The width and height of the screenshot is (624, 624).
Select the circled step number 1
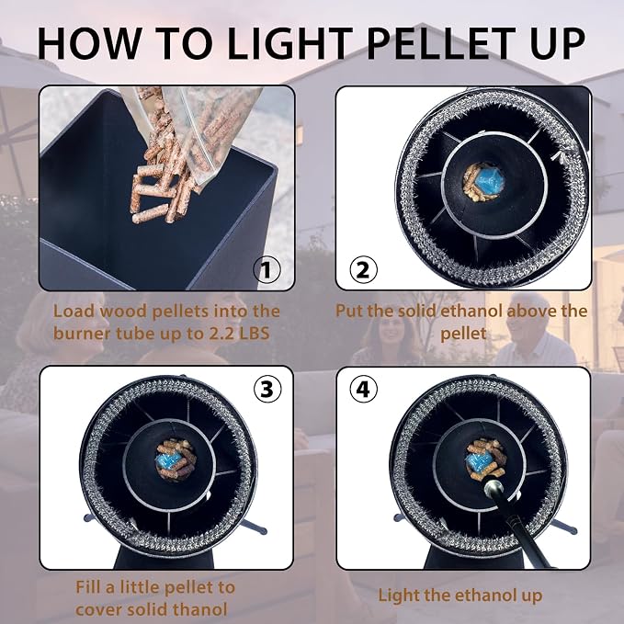(x=267, y=270)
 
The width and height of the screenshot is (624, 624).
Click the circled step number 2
(x=363, y=270)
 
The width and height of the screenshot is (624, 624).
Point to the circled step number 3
(x=267, y=389)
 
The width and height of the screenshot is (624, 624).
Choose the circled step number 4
(x=363, y=389)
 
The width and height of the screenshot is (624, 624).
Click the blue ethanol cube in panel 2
(x=490, y=181)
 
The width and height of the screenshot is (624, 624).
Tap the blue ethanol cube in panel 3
(x=169, y=460)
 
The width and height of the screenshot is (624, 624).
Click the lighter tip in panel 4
(x=494, y=488)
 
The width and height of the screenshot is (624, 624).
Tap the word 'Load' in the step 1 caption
(x=73, y=311)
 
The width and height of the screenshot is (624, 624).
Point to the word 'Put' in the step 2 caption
(x=348, y=311)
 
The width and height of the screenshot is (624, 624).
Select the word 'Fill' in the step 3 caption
(x=88, y=587)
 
